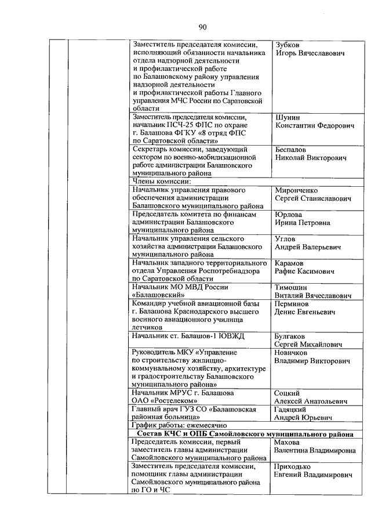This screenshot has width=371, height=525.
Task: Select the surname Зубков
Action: click(x=288, y=44)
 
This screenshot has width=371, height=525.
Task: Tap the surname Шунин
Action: click(x=288, y=117)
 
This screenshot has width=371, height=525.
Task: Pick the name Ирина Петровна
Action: click(x=303, y=222)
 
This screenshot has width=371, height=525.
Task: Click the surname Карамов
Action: click(x=290, y=263)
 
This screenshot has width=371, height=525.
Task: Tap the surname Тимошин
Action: click(x=291, y=287)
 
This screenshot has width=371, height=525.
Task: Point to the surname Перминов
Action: click(x=292, y=303)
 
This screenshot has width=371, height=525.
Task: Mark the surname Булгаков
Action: click(x=290, y=336)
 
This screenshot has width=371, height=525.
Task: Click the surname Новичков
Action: click(x=292, y=352)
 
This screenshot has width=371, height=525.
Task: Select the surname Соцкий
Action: click(x=288, y=393)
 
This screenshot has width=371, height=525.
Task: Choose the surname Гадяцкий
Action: click(x=291, y=409)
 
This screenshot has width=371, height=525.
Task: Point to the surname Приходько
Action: click(x=293, y=466)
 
